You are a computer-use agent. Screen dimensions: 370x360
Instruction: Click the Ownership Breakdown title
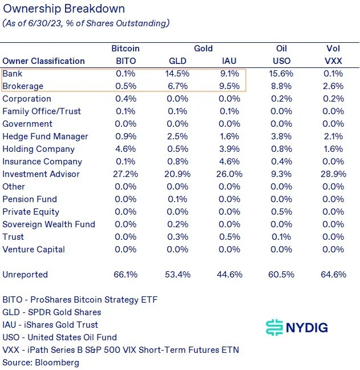pyautogui.click(x=64, y=10)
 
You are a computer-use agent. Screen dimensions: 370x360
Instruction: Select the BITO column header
pyautogui.click(x=126, y=61)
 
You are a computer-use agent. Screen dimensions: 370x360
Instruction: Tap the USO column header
pyautogui.click(x=281, y=61)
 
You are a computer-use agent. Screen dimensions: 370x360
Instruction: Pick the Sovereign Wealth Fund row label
pyautogui.click(x=48, y=224)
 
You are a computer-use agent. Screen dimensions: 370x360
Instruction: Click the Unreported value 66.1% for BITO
pyautogui.click(x=126, y=275)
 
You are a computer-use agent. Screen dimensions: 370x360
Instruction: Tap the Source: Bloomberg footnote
pyautogui.click(x=41, y=363)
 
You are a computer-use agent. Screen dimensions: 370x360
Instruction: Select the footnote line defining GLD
pyautogui.click(x=51, y=312)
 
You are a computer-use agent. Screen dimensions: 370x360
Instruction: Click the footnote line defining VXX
pyautogui.click(x=120, y=350)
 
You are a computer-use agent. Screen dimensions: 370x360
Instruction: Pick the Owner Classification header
pyautogui.click(x=43, y=61)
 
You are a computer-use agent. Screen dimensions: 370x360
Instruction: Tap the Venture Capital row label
pyautogui.click(x=34, y=250)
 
